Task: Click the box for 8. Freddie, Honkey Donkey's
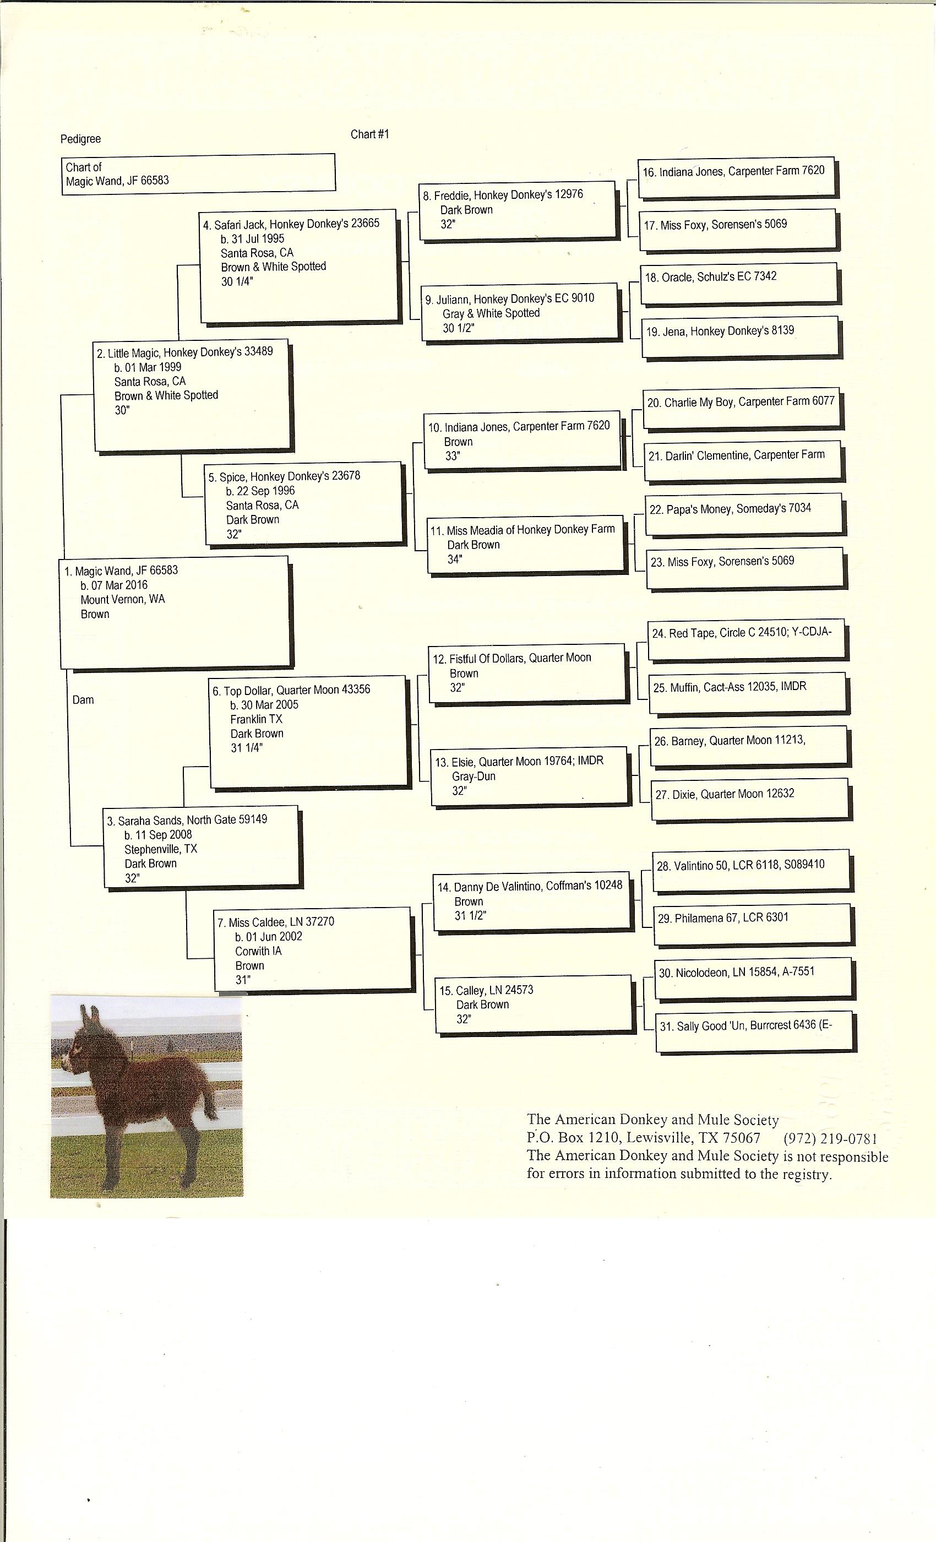tap(517, 210)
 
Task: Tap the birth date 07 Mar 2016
tap(114, 585)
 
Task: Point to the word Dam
tap(83, 699)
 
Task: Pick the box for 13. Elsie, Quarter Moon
tap(529, 776)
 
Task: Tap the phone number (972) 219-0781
tap(830, 1138)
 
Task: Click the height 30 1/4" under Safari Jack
tap(237, 281)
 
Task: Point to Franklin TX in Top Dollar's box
tap(257, 719)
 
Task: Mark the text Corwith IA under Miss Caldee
tap(258, 951)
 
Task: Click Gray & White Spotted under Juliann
tap(491, 313)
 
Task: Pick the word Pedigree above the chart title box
tap(80, 139)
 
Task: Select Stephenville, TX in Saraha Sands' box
tap(161, 849)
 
